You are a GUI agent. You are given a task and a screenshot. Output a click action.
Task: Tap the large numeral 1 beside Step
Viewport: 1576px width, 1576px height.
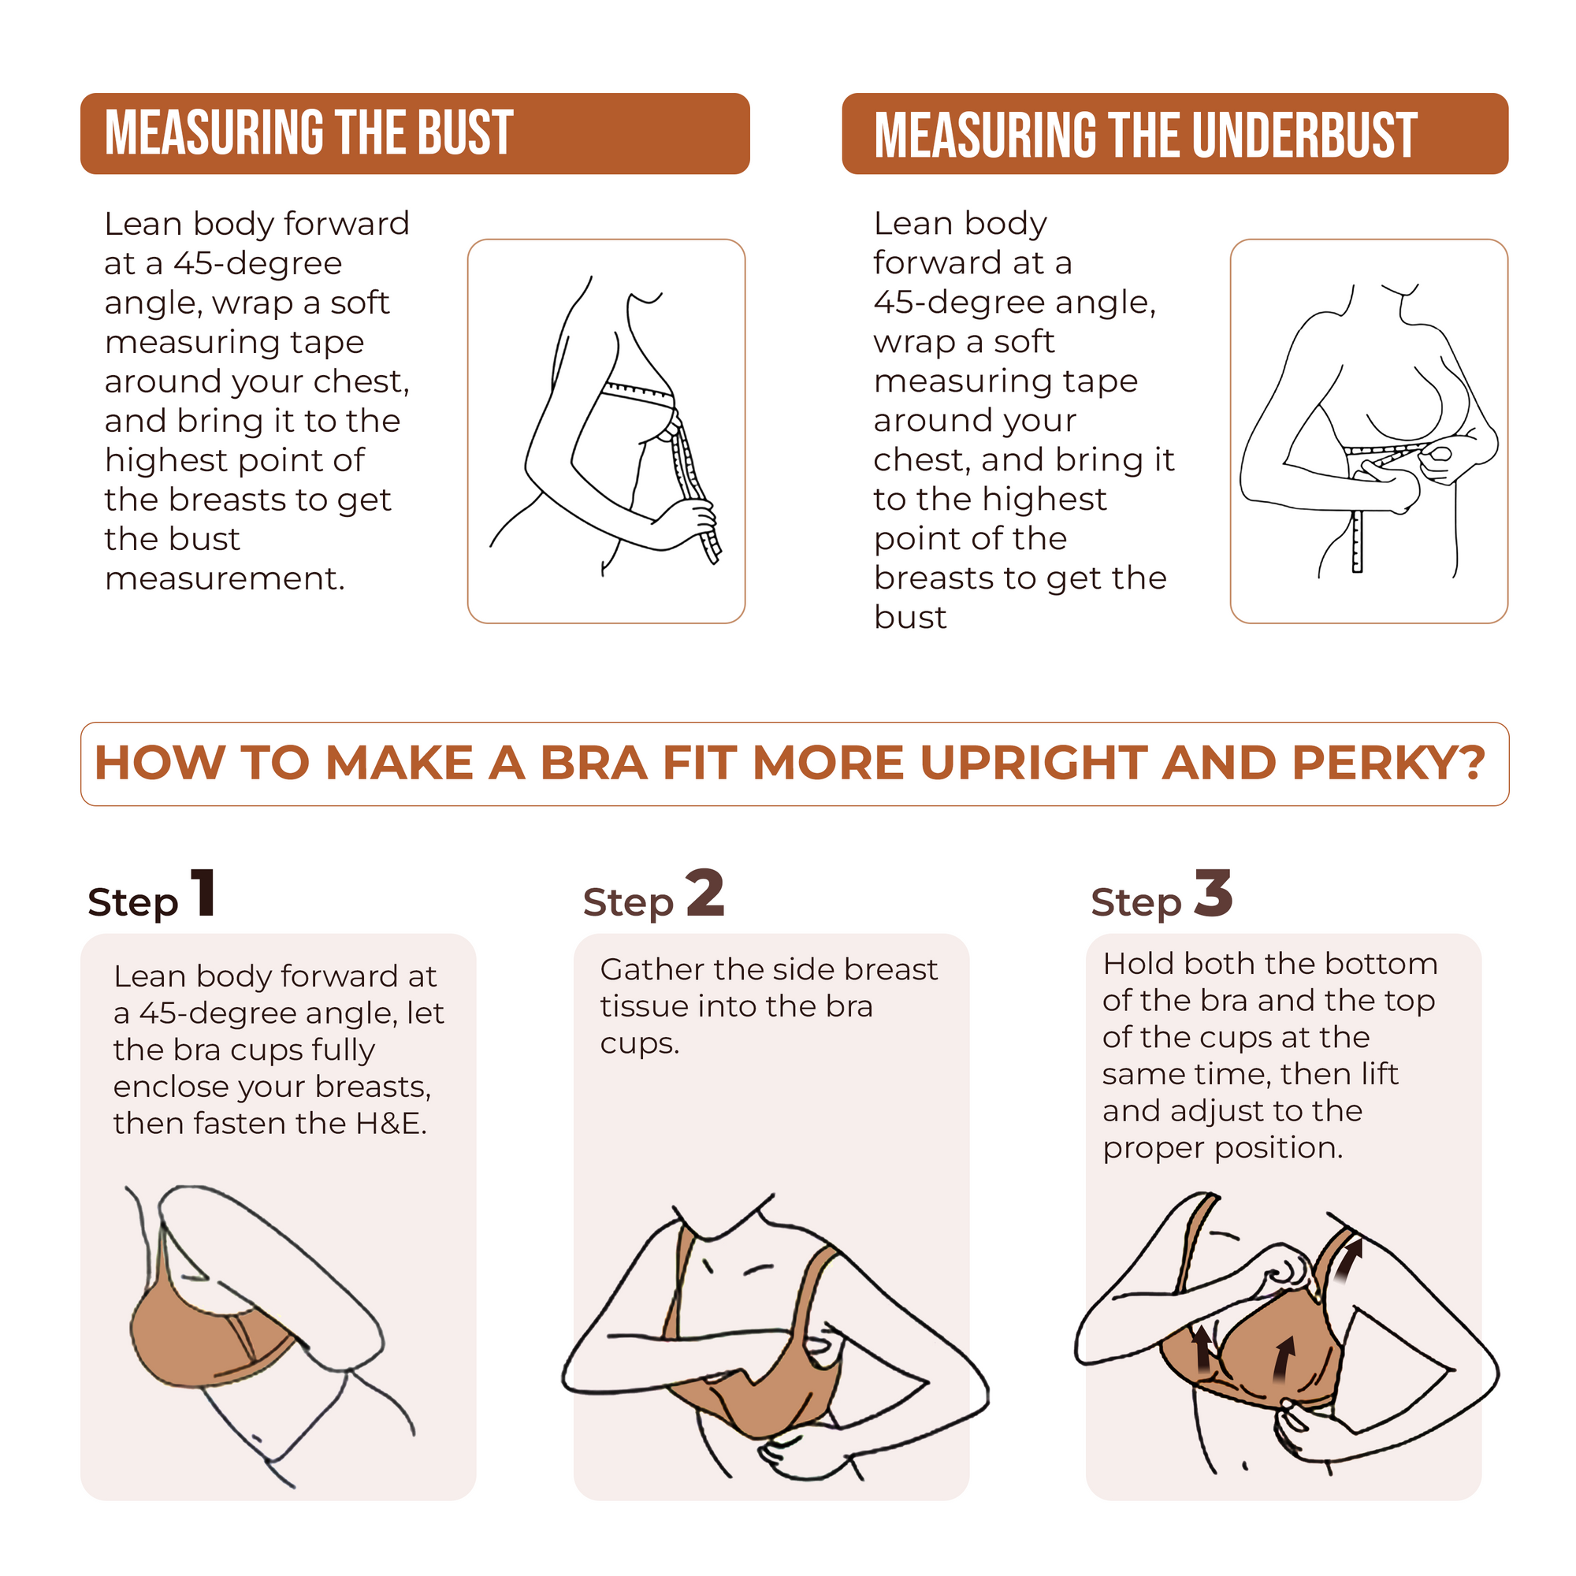coord(203,894)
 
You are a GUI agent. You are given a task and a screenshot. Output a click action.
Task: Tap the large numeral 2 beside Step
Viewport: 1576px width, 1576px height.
coord(704,894)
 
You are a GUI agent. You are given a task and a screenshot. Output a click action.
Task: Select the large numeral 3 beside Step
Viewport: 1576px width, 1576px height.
coord(1213,894)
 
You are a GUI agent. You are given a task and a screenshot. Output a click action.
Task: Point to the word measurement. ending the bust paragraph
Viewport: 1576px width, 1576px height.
coord(225,578)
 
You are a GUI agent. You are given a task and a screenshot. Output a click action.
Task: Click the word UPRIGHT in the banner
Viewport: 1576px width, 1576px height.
coord(1034,763)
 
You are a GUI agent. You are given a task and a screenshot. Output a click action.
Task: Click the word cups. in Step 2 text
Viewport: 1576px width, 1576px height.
coord(640,1043)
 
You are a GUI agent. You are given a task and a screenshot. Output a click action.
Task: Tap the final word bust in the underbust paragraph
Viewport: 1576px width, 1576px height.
coord(909,618)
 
